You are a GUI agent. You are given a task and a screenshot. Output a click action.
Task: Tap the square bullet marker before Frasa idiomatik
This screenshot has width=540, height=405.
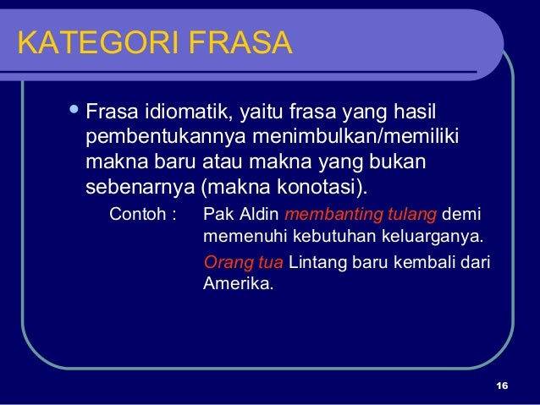(74, 110)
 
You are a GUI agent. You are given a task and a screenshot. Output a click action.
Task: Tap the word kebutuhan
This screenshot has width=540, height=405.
(324, 235)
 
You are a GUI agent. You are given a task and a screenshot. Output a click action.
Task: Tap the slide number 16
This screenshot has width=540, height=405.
(501, 386)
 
